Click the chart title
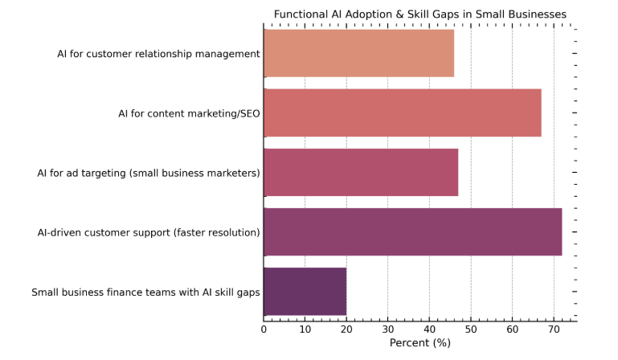420,14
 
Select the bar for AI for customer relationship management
358,53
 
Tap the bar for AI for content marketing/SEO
402,112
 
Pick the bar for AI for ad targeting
361,172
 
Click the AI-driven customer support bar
412,231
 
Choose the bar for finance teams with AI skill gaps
305,291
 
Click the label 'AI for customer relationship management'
158,54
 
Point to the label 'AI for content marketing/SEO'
189,113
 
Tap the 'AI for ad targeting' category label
149,173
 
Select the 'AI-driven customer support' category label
149,232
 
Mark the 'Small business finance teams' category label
145,292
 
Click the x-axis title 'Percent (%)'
420,343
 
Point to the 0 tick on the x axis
264,329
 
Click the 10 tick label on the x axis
305,329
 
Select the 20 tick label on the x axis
346,329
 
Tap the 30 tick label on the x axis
387,329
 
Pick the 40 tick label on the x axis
429,329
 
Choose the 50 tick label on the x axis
471,329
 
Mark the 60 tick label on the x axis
512,329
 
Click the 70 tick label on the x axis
554,329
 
